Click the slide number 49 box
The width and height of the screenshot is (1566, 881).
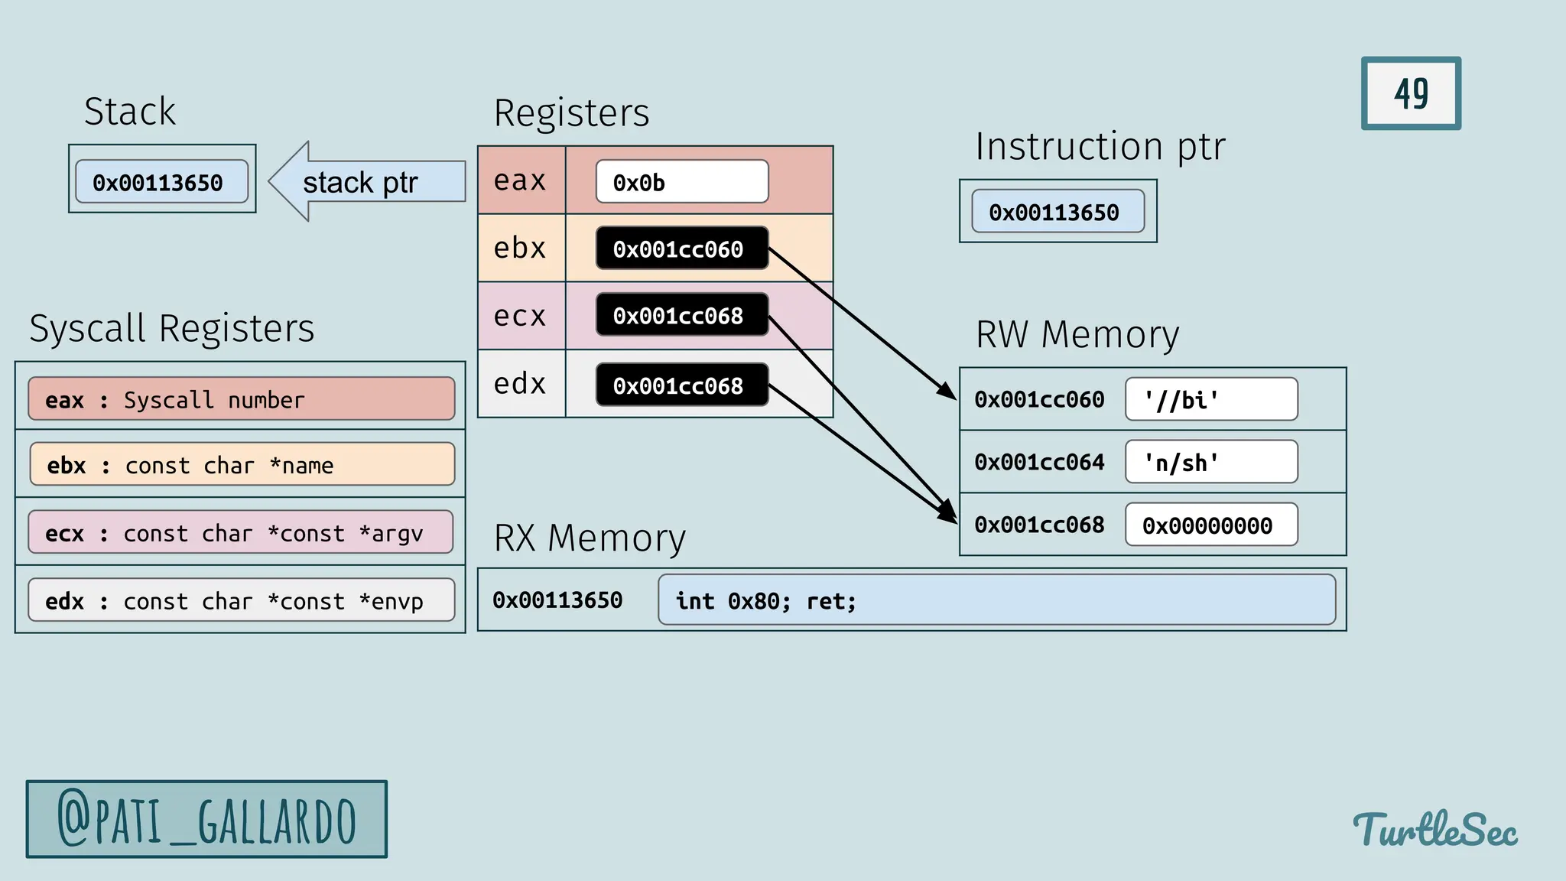point(1411,93)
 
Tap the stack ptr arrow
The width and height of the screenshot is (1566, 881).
point(368,182)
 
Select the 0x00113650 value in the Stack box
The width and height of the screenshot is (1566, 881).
point(161,182)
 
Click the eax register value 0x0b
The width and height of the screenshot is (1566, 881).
point(681,182)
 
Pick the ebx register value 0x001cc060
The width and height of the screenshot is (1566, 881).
point(681,249)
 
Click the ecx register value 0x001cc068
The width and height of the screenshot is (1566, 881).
point(681,315)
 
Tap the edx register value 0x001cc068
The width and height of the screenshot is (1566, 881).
point(681,385)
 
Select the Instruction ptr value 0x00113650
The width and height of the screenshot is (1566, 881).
point(1058,212)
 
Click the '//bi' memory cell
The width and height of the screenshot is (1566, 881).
point(1211,399)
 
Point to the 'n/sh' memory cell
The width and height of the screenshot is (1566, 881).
point(1211,462)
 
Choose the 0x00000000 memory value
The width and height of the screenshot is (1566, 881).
point(1211,525)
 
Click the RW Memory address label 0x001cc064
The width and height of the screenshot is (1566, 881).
point(1039,462)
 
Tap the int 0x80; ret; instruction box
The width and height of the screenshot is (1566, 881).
point(996,600)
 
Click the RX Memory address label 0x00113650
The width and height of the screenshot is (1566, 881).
point(557,600)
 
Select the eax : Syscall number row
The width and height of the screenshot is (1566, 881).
point(241,399)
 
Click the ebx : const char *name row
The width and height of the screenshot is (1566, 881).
point(241,464)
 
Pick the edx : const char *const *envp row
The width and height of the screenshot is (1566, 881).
point(241,600)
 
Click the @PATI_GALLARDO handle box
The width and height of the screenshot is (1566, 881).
point(206,819)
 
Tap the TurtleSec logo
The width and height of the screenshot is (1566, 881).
point(1435,830)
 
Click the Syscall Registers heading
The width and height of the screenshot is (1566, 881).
point(172,329)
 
